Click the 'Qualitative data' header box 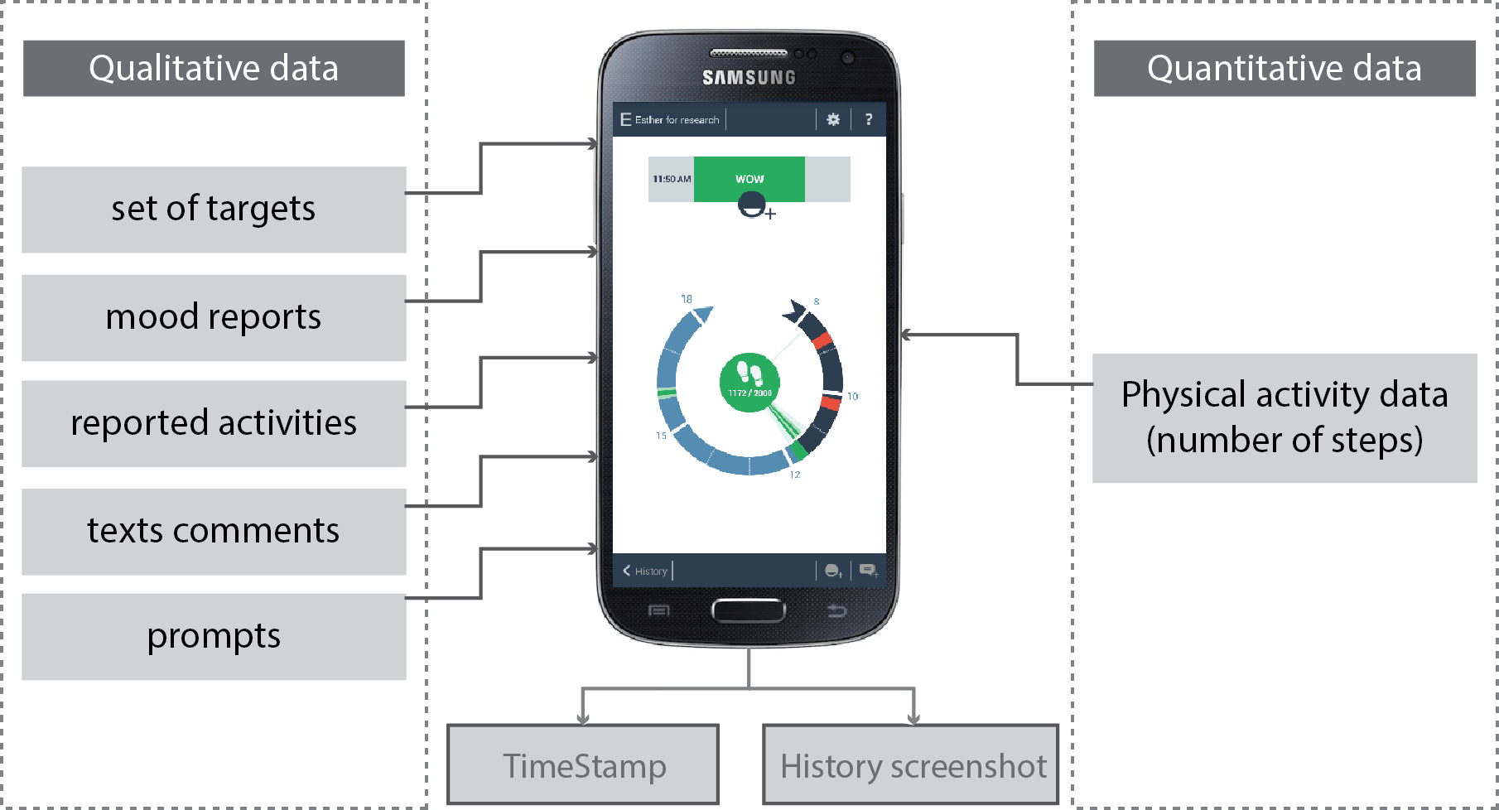[214, 68]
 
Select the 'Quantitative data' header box [1284, 68]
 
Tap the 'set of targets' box [214, 209]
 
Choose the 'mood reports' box [214, 317]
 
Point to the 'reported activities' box [214, 423]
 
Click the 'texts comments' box [214, 531]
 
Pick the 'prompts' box [214, 636]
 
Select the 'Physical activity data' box [1284, 417]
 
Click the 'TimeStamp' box [583, 764]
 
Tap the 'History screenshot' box [911, 764]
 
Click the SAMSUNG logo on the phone [749, 78]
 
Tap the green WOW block [749, 179]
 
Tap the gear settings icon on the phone [833, 119]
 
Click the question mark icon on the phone [868, 119]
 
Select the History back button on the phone [646, 571]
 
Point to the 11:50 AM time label [671, 179]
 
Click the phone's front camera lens [847, 57]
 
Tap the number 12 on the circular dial [795, 475]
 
